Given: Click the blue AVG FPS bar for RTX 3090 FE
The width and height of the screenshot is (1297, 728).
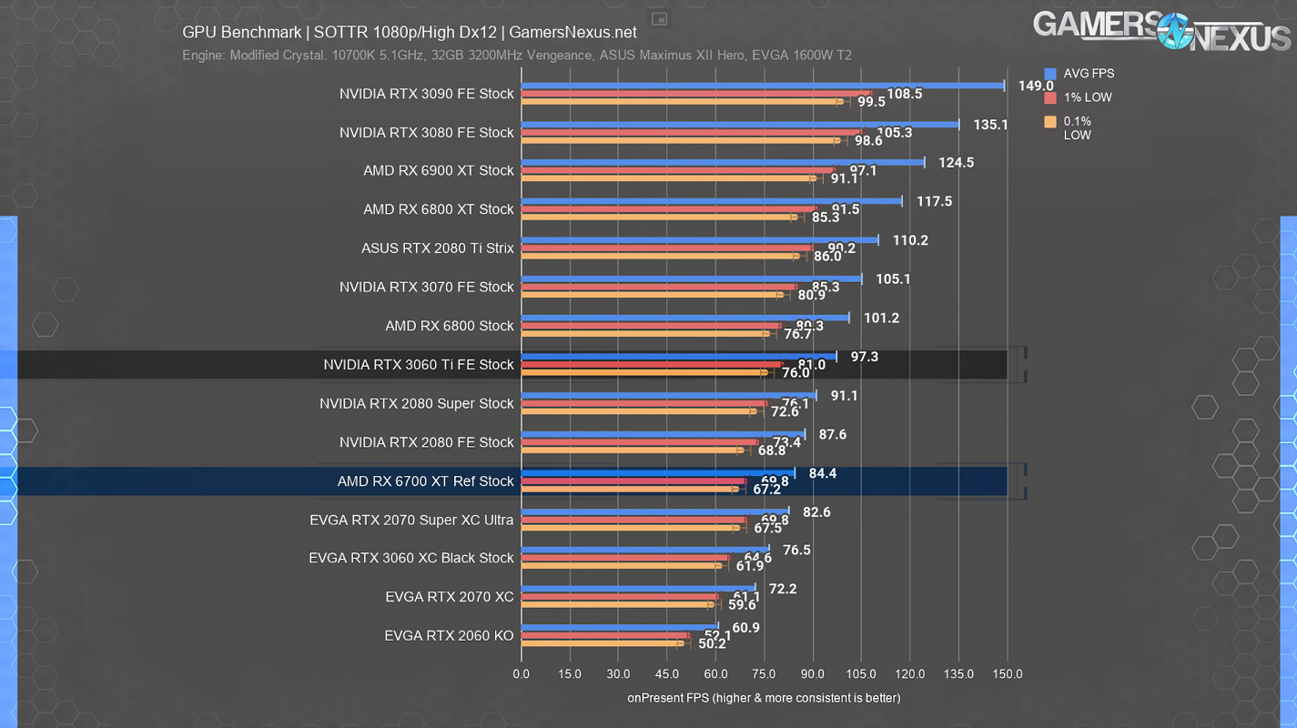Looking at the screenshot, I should point(763,86).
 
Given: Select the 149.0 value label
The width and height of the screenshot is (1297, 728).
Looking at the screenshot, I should point(1036,86).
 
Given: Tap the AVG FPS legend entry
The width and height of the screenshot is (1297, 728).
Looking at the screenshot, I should point(1088,74).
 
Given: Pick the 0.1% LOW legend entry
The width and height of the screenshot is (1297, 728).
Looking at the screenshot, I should point(1077,127).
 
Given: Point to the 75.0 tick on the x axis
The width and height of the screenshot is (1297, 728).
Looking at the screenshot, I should point(764,674).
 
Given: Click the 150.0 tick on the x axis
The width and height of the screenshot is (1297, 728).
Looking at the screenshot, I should point(1007,674).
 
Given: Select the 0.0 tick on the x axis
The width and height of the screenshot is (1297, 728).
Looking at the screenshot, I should point(522,674).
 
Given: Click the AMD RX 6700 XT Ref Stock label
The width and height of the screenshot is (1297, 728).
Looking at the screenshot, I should point(425,481).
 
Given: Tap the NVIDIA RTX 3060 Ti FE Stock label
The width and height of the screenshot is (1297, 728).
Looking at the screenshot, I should point(419,365).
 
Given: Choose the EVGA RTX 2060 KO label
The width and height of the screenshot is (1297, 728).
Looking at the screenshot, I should point(449,636).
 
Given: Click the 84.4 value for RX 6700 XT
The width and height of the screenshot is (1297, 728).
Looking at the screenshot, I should point(824,473).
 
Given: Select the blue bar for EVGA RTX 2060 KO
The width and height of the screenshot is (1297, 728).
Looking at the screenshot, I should point(619,628).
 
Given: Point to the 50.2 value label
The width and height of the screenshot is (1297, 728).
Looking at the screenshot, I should point(711,643).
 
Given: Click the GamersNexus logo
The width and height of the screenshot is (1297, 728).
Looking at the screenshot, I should point(1161,30).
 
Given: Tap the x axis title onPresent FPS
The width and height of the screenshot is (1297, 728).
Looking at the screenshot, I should point(763,698).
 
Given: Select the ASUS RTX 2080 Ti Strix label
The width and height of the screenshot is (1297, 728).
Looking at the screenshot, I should point(437,248).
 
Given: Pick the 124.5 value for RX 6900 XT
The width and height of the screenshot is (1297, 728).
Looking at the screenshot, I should point(957,163).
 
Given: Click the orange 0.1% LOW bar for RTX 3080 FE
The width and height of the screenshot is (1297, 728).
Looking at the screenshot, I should point(679,140).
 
